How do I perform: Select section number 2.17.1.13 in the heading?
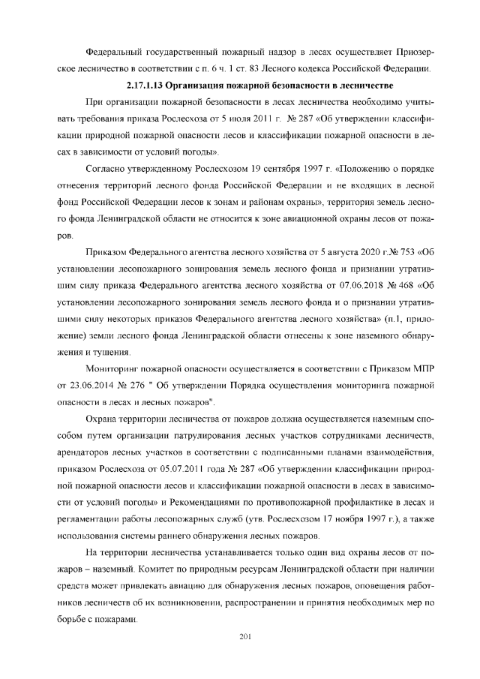coord(148,86)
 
